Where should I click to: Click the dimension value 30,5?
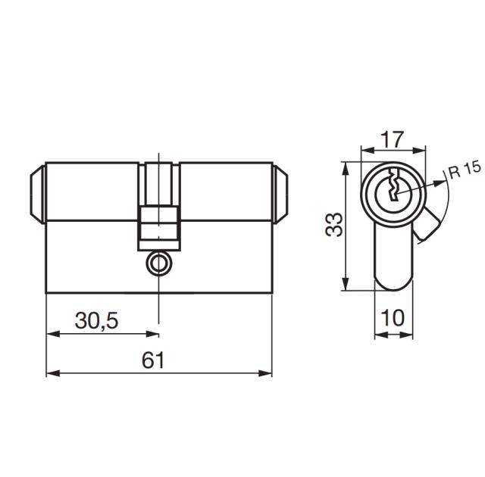coord(96,321)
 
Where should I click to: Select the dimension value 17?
coord(393,140)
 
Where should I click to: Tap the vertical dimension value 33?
coord(334,225)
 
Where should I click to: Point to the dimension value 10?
coord(393,318)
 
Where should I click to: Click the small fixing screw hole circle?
coord(158,263)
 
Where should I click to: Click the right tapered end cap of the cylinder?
coord(280,193)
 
